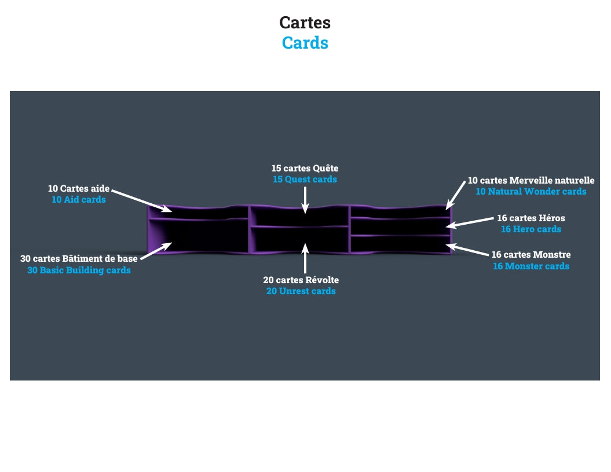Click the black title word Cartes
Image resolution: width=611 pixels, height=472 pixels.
(305, 23)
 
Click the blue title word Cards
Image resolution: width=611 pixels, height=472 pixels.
(305, 43)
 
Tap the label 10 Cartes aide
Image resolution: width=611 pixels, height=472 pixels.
(79, 188)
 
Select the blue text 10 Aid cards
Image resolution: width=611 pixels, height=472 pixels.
(79, 199)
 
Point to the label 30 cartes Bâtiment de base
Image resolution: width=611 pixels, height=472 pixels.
(79, 258)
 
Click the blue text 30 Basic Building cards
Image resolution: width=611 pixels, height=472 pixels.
(79, 270)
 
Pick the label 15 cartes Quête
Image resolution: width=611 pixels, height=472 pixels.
(305, 168)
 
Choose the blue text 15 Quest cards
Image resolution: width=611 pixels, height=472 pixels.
(305, 180)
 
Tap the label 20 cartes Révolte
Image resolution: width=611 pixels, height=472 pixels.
(301, 280)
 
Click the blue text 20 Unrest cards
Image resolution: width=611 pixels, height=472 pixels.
(301, 291)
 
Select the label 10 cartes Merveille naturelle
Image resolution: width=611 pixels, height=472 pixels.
(531, 180)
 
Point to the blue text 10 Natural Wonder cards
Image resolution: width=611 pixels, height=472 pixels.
(531, 191)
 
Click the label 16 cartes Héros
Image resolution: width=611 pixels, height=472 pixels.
(531, 218)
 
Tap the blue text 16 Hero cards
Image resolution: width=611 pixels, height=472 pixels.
(531, 229)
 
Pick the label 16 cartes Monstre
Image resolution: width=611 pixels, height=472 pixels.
(531, 254)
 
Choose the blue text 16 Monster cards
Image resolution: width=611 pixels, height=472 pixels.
(531, 266)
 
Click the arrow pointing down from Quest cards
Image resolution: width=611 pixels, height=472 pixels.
(305, 200)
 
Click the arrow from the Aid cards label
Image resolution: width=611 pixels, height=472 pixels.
(141, 200)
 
